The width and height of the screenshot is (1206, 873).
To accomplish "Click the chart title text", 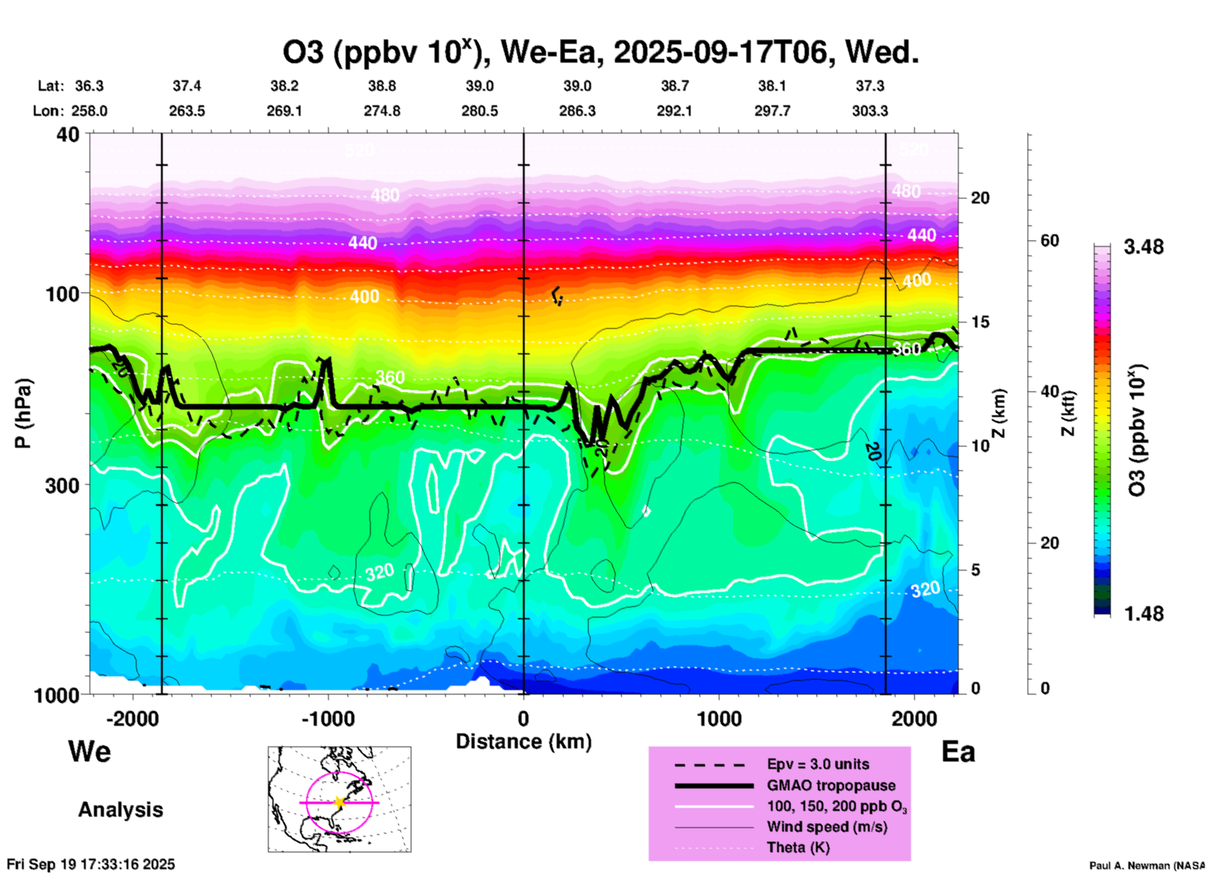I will pos(600,53).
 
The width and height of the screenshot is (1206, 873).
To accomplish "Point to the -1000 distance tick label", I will pos(328,718).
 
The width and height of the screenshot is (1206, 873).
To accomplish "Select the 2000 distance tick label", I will pos(915,718).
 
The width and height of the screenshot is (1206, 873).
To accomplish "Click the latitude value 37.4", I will pos(187,86).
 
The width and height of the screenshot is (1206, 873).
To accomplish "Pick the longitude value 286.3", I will pos(577,111).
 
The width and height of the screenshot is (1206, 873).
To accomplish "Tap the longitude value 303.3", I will pos(870,111).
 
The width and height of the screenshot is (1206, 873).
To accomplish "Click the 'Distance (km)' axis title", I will pos(523,741).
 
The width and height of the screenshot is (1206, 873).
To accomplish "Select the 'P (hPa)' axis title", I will pos(23,413).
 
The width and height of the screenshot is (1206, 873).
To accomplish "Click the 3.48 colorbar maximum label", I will pos(1143,247).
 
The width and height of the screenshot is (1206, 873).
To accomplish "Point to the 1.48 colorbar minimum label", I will pos(1143,613).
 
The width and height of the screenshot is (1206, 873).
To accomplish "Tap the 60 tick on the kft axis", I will pos(1049,241).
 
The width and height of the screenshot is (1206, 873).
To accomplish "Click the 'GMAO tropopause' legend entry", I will pos(831,785).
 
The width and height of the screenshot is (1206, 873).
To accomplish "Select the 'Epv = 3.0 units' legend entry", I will pos(818,764).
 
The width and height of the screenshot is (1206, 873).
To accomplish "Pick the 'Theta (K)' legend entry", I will pos(798,847).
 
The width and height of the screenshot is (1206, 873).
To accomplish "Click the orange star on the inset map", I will pos(339,802).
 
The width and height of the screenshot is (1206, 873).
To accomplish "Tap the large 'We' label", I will pos(90,751).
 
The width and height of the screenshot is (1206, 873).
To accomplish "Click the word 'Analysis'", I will pos(120,810).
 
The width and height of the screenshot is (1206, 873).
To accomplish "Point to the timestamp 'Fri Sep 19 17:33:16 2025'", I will pos(91,864).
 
